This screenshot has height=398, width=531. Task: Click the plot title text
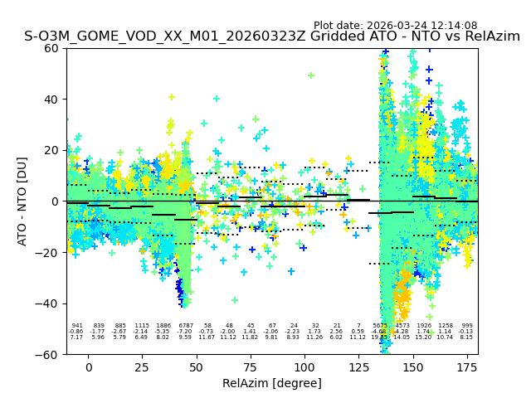click(x=272, y=36)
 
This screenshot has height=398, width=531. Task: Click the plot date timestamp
click(x=395, y=26)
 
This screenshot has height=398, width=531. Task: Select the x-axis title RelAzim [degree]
click(x=272, y=383)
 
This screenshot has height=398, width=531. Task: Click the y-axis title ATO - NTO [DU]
click(x=22, y=201)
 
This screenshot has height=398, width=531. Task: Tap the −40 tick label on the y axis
click(x=50, y=303)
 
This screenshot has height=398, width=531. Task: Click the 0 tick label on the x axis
click(x=89, y=367)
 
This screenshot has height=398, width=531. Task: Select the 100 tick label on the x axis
click(x=304, y=367)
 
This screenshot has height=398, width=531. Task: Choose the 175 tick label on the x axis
click(x=466, y=367)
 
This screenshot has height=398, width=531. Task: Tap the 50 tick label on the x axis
click(x=197, y=367)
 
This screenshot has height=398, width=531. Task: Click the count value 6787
click(x=185, y=326)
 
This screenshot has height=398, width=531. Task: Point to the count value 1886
click(x=163, y=326)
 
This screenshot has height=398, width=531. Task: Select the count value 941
click(x=77, y=326)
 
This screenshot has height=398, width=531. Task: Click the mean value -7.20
click(x=185, y=332)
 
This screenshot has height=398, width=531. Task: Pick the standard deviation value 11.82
click(x=250, y=337)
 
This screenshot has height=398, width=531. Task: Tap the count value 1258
click(x=446, y=326)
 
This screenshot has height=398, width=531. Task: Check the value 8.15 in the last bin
click(x=466, y=337)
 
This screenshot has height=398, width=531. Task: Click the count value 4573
click(x=402, y=326)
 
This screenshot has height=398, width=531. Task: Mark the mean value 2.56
click(x=336, y=332)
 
